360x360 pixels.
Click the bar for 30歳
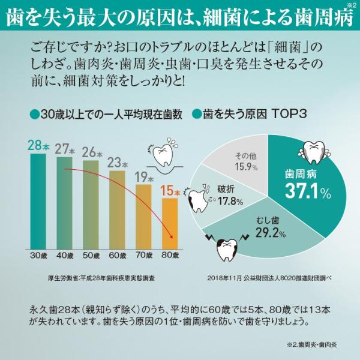point(38,202)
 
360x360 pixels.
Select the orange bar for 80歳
point(170,224)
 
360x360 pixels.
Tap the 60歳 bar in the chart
point(117,210)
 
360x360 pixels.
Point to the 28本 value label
point(38,145)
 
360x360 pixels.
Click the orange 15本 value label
point(170,191)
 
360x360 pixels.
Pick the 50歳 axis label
point(91,256)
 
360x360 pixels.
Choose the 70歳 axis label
point(144,256)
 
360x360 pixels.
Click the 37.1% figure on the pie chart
point(308,191)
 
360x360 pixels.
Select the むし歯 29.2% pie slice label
point(271,227)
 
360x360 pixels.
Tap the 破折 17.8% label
point(230,196)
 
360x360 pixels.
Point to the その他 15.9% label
point(246,162)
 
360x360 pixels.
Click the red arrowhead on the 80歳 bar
point(171,237)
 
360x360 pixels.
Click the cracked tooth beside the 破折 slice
point(199,199)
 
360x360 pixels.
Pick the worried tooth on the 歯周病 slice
point(314,152)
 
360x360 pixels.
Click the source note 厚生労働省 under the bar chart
point(101,278)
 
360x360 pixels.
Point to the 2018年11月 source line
point(269,278)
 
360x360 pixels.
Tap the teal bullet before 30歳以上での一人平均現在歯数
point(35,115)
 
